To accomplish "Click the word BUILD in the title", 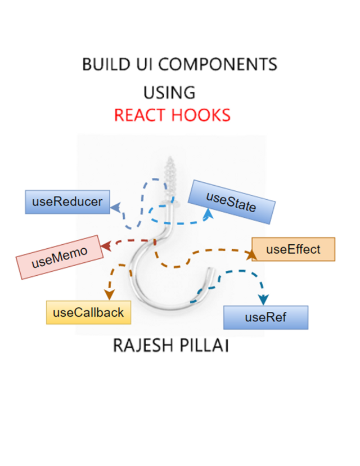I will tap(102, 64).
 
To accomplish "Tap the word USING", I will tap(169, 92).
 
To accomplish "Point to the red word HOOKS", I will tap(201, 115).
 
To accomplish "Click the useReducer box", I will tap(67, 201).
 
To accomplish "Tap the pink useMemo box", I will tap(61, 257).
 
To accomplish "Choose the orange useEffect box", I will tap(293, 249).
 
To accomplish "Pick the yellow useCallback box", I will tap(88, 312).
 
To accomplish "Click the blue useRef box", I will tap(265, 317).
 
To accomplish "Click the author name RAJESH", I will tap(142, 345).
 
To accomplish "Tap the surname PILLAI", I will tap(205, 345).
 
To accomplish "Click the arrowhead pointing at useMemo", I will tap(105, 245).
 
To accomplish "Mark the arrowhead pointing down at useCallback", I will tap(108, 294).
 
